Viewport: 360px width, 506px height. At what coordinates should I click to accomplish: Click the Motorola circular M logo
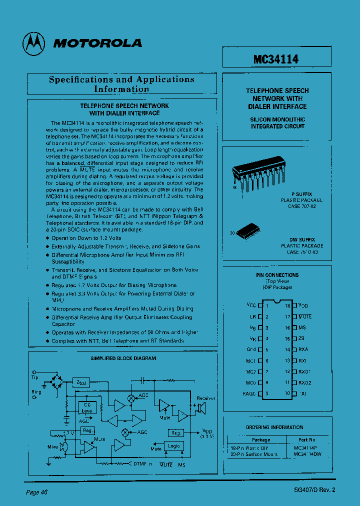click(x=33, y=43)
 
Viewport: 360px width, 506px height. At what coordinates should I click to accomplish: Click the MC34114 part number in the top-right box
click(x=276, y=59)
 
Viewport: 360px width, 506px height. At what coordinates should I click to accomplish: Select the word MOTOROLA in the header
click(x=97, y=43)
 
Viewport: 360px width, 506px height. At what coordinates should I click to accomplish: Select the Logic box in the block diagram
click(x=174, y=445)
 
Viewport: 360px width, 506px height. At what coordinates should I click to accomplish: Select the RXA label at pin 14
click(x=303, y=350)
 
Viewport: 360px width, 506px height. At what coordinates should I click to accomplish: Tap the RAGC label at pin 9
click(x=248, y=394)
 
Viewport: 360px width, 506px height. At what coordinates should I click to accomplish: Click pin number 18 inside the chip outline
click(x=287, y=305)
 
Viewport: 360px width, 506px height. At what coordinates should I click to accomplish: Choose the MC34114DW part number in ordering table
click(x=308, y=455)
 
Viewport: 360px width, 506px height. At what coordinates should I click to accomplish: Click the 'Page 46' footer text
click(x=36, y=492)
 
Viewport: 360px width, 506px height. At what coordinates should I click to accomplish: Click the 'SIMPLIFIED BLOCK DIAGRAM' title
click(x=123, y=358)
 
